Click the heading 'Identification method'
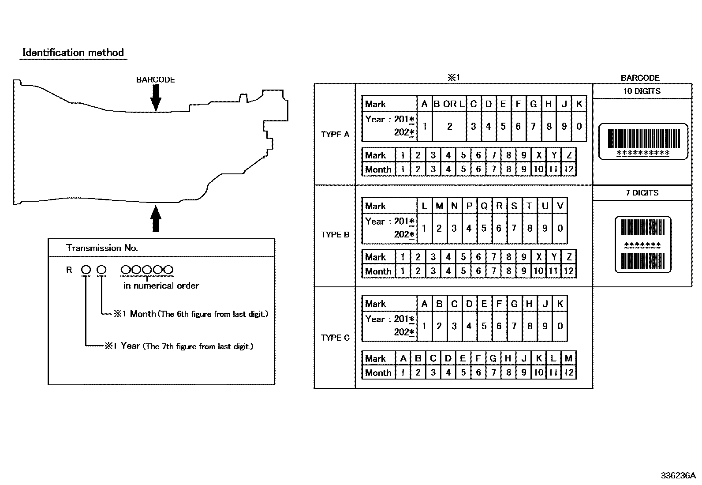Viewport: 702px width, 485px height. pos(73,53)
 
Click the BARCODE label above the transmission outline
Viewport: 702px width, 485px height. pos(156,80)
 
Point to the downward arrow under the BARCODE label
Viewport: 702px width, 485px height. pos(156,98)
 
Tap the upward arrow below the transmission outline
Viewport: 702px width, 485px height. pos(156,218)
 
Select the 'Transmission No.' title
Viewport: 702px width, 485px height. pos(102,248)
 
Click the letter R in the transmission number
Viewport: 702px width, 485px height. pos(69,270)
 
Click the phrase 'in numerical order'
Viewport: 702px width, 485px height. pos(161,286)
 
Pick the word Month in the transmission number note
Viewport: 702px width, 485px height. pos(143,314)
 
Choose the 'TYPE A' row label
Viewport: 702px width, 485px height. pos(335,134)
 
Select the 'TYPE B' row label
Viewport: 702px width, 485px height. pos(335,235)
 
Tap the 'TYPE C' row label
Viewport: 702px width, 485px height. pos(335,338)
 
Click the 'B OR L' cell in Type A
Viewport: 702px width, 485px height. pos(449,104)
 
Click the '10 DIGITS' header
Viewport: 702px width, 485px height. pos(642,91)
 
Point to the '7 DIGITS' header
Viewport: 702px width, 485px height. pos(642,192)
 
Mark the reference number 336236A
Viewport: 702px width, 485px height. pos(678,476)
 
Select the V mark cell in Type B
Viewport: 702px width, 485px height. pos(560,206)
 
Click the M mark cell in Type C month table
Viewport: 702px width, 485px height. pos(568,358)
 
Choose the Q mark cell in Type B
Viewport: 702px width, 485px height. pos(484,206)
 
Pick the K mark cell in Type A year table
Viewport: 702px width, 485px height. pos(579,104)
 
